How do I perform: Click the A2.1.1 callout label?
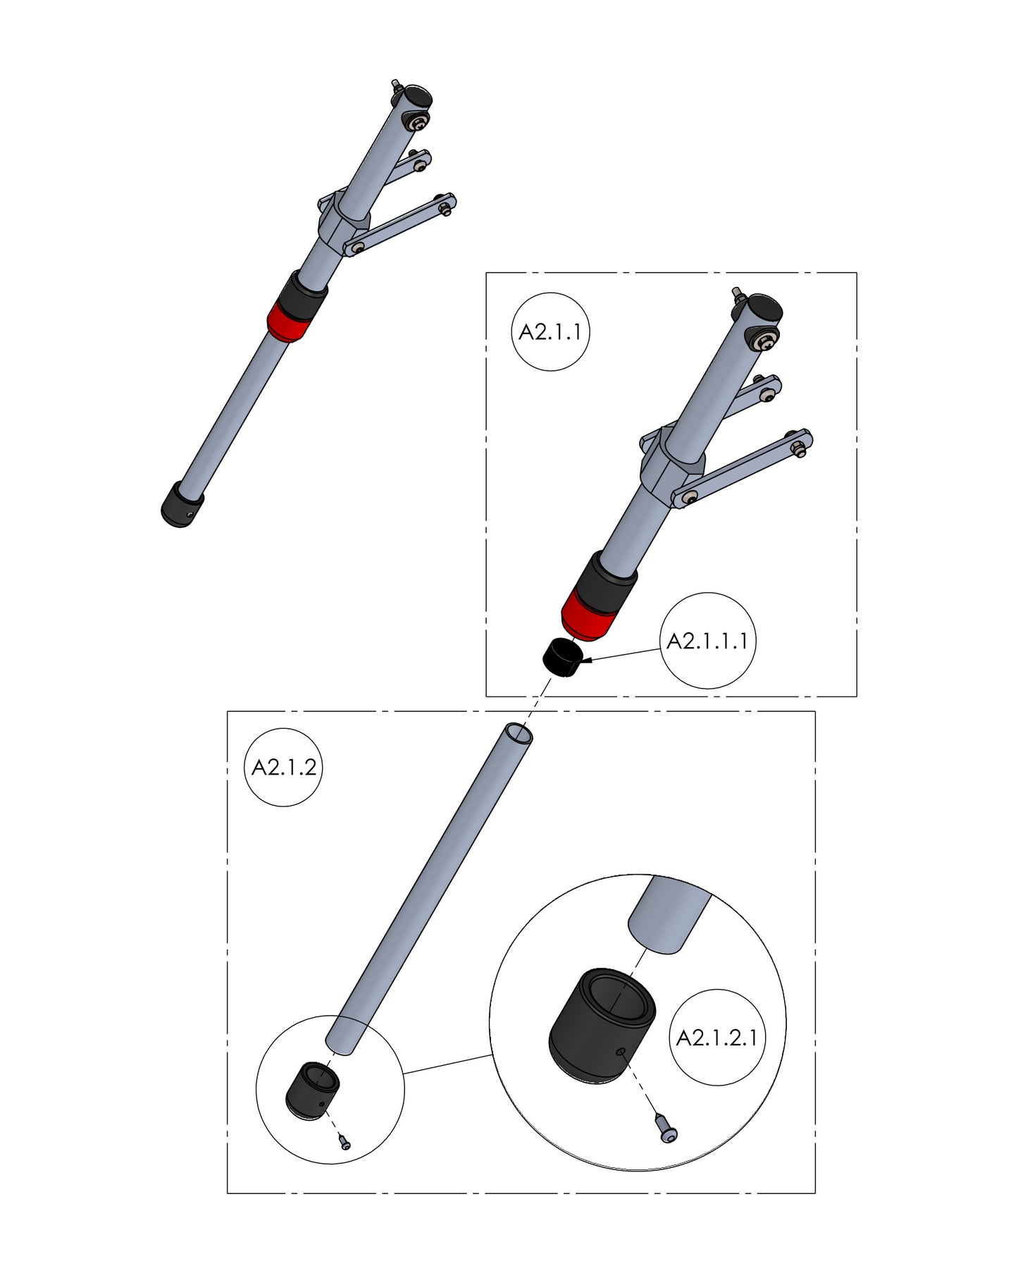click(550, 331)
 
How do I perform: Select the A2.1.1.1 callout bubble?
click(707, 641)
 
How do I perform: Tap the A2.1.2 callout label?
click(283, 767)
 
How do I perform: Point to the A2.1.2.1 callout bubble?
click(716, 1038)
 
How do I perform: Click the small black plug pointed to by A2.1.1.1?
click(563, 657)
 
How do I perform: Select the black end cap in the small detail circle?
click(312, 1090)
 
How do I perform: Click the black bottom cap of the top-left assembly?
click(182, 505)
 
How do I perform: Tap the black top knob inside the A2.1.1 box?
click(764, 308)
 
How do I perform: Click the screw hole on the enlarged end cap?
click(621, 1052)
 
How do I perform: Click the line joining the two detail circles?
click(447, 1064)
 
